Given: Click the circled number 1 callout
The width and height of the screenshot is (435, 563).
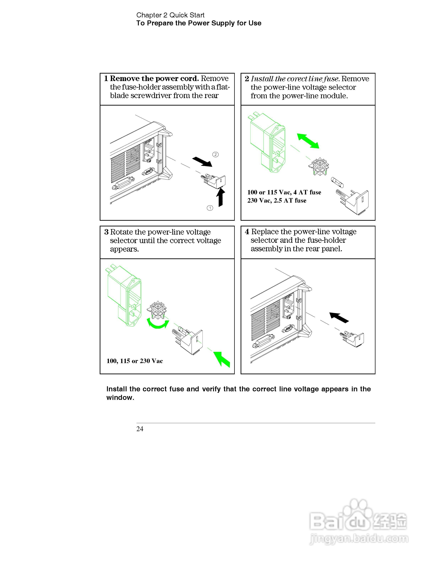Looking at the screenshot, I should pyautogui.click(x=210, y=208).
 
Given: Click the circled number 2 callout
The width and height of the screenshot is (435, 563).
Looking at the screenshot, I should pyautogui.click(x=215, y=154).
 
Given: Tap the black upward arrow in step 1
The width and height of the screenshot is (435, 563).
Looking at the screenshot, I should pyautogui.click(x=220, y=197).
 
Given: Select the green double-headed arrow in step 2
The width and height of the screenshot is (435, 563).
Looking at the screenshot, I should pyautogui.click(x=308, y=141).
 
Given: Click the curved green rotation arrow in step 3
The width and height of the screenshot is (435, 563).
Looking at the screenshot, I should pyautogui.click(x=158, y=324).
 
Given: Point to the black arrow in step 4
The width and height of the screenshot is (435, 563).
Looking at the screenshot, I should pyautogui.click(x=339, y=317).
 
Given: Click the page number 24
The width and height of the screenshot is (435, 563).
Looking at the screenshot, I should pyautogui.click(x=140, y=429).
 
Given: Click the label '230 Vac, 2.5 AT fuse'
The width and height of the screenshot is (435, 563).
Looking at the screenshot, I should pyautogui.click(x=277, y=201).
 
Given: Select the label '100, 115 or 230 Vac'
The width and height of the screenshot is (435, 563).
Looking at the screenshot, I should pyautogui.click(x=135, y=361).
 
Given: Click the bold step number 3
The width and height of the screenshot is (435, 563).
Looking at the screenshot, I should pyautogui.click(x=106, y=232).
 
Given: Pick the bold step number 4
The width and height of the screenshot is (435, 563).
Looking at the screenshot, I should pyautogui.click(x=247, y=232).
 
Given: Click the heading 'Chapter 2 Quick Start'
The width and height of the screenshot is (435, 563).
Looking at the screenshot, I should pyautogui.click(x=170, y=15).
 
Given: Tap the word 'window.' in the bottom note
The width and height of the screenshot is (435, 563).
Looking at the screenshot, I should pyautogui.click(x=120, y=398).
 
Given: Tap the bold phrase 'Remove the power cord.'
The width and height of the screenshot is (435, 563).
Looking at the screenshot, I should pyautogui.click(x=154, y=78).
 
